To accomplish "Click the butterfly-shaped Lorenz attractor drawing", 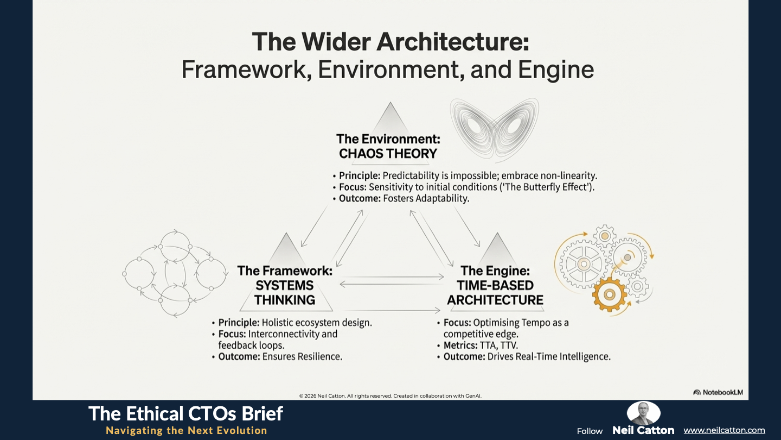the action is pos(495,130).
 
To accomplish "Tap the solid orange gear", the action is pos(609,294).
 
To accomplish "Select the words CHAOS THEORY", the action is pos(388,154).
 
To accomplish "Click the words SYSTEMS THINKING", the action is pos(285,293).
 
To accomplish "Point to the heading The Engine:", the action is pos(495,271).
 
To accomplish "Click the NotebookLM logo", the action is pos(718,392).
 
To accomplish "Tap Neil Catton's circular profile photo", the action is pos(643,413).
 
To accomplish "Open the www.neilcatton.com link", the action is pos(724,430).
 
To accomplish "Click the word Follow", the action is pos(590,431).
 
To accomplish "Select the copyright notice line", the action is pos(390,395).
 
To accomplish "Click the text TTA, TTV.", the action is pos(499,345).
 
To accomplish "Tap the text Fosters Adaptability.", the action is pos(426,198).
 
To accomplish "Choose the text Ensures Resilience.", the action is pos(302,356).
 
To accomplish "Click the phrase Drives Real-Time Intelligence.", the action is pos(549,356).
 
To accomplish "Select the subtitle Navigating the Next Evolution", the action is pos(187,430).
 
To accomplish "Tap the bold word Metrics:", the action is pos(460,345).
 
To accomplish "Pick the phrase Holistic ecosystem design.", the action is pos(317,323).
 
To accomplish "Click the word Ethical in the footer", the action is pos(154,413).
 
